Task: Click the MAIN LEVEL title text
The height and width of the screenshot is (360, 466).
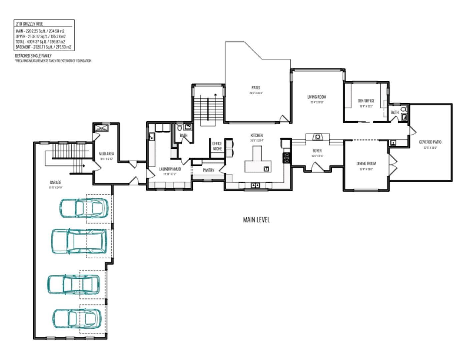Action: coord(256,220)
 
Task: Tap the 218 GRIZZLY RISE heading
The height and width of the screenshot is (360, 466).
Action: coord(29,24)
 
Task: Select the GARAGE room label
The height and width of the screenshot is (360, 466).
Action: coord(56,183)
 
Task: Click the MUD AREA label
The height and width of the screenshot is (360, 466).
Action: coord(106,154)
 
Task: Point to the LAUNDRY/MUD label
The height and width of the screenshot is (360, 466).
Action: coord(170,169)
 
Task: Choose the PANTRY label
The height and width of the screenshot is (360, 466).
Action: coord(208,170)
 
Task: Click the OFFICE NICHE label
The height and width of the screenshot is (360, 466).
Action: coord(217,146)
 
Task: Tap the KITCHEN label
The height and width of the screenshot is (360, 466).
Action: coord(257,136)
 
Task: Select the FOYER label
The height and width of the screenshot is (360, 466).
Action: coord(317,151)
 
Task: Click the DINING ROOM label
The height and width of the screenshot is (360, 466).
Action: coord(366,163)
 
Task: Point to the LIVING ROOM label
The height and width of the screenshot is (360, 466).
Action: coord(317,97)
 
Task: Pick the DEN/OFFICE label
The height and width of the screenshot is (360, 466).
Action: coord(366,101)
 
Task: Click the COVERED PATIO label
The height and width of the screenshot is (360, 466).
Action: coord(430,142)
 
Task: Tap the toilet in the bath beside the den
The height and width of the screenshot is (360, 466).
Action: coord(404,109)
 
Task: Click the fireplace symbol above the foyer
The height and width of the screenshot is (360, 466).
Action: coord(318,137)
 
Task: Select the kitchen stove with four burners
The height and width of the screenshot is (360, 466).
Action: coord(286,157)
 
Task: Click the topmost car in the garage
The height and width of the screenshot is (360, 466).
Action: coord(84,208)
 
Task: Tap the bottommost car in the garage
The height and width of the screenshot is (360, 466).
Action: coord(77,319)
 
